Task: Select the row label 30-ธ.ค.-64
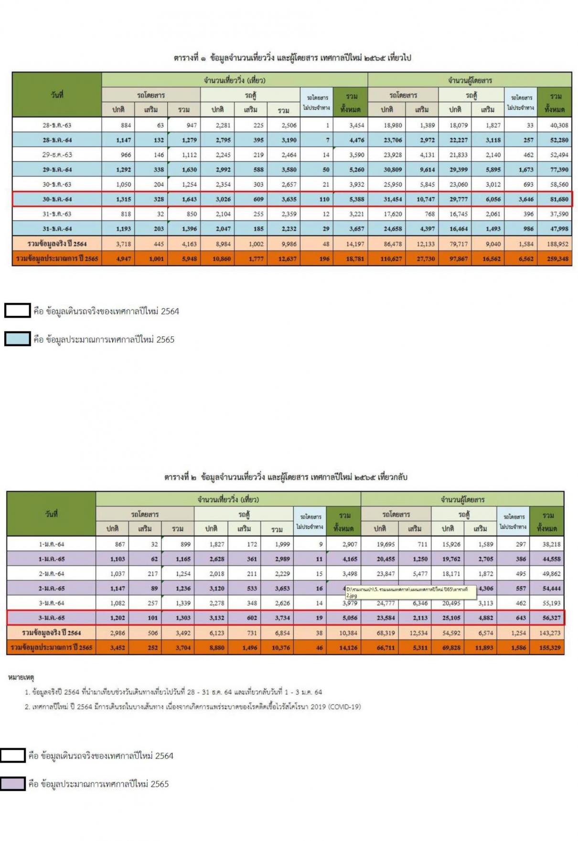(x=57, y=199)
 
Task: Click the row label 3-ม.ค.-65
(x=52, y=618)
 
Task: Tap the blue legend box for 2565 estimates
(x=17, y=339)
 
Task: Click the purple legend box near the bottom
(x=12, y=784)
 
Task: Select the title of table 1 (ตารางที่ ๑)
(x=292, y=58)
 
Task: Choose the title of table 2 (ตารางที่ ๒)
(x=286, y=477)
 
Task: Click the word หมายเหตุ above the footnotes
(x=21, y=677)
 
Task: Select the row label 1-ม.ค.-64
(x=52, y=544)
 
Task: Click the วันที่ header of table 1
(x=57, y=95)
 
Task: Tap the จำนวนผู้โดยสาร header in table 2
(x=462, y=499)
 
